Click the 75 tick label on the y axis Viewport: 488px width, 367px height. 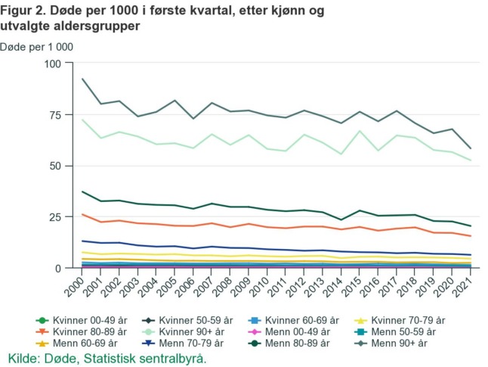[51, 115]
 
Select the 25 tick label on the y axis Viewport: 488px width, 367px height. [51, 217]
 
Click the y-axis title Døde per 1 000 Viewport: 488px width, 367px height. [36, 46]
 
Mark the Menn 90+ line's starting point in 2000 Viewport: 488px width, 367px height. [82, 79]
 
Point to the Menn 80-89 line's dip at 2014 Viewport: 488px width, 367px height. [340, 220]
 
